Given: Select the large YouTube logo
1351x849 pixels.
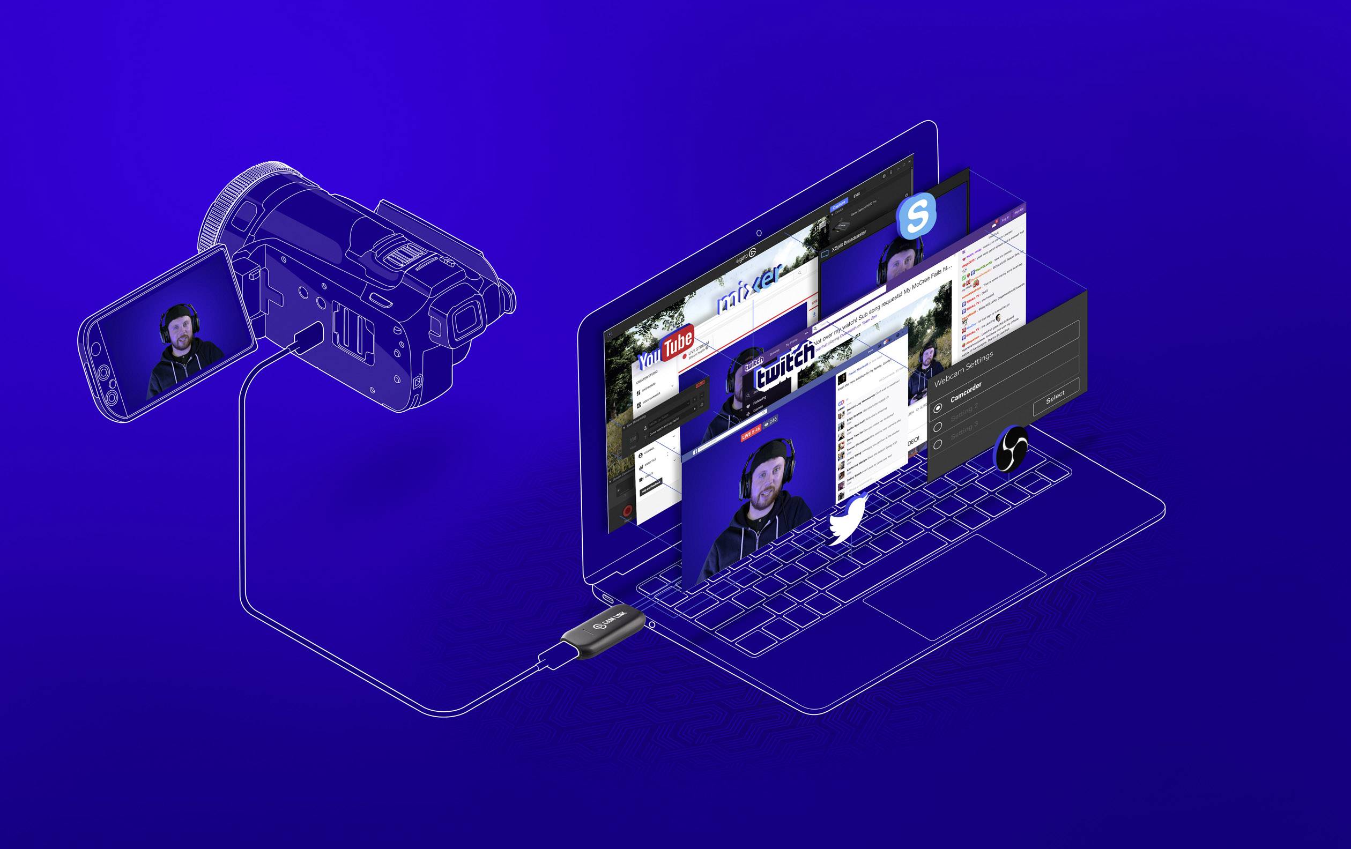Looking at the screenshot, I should pyautogui.click(x=666, y=348).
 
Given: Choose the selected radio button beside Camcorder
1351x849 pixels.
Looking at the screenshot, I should pyautogui.click(x=937, y=409).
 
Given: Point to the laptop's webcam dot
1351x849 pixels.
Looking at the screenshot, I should pyautogui.click(x=759, y=233).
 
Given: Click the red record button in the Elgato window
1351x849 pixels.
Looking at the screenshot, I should pyautogui.click(x=627, y=510).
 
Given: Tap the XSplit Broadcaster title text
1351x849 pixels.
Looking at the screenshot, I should pyautogui.click(x=848, y=240).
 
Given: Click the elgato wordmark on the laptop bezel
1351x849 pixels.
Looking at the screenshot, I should pyautogui.click(x=746, y=257).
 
